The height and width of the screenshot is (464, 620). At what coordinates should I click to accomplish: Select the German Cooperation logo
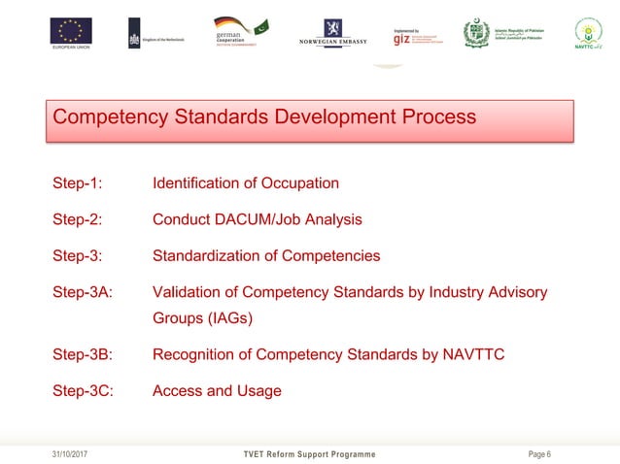240,33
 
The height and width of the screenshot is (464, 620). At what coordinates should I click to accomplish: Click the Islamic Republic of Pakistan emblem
477,34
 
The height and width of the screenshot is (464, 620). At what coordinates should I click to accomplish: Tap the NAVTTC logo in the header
588,34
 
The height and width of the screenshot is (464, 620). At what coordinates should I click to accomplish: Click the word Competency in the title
107,117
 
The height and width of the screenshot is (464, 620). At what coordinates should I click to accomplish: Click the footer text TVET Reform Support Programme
309,454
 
